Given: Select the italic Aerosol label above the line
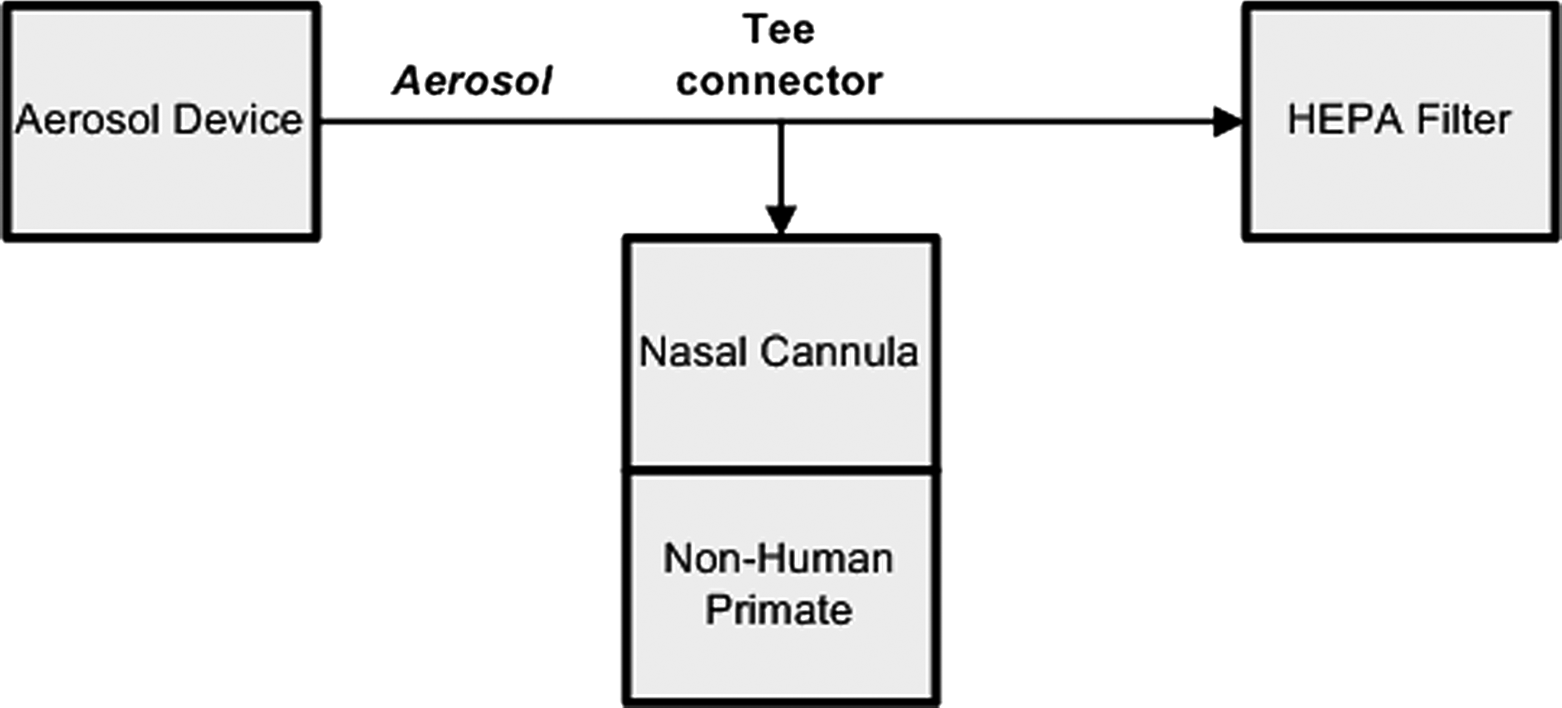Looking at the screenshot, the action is point(472,81).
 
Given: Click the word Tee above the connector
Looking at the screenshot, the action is point(778,29).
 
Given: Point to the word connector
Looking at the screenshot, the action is point(779,81).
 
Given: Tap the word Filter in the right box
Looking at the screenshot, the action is point(1462,119).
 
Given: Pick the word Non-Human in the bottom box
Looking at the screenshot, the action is point(778,558).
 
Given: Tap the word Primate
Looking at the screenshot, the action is point(778,609).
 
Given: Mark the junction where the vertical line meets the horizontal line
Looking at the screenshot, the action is point(781,123).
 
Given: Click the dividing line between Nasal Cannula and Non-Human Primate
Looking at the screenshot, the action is point(781,470).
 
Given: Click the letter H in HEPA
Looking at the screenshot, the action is point(1300,119).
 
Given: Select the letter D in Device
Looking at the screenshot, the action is point(188,119).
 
